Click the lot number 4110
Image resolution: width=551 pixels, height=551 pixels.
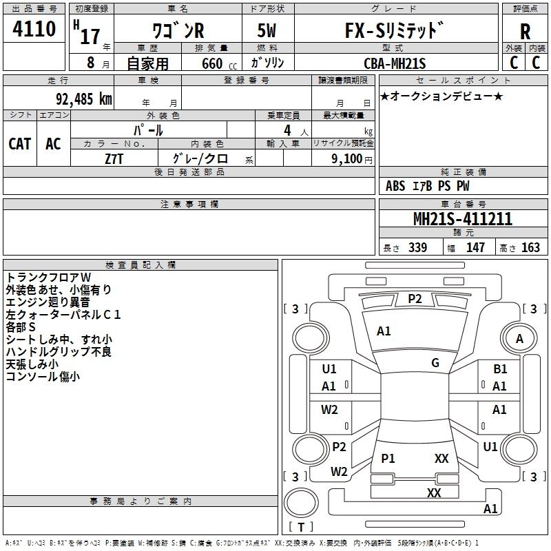pos(34,29)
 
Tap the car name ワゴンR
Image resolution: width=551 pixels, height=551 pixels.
pos(178,30)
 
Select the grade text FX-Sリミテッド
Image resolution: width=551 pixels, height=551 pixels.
pos(394,30)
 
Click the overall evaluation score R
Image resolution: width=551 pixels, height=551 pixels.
pos(525,32)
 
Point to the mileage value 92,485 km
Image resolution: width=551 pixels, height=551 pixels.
pos(84,99)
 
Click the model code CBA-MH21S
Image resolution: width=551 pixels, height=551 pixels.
pos(395,63)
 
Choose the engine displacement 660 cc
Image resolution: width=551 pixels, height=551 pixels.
pos(219,63)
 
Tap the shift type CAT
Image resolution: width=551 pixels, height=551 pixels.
pos(20,144)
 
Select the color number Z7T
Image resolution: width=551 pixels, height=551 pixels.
pos(114,159)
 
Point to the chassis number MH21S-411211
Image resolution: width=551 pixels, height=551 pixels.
pos(463,219)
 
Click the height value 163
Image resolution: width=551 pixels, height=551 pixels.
pos(530,247)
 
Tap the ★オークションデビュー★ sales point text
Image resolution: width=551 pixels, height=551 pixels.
pos(441,96)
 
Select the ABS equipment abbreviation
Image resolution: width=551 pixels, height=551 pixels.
pos(395,186)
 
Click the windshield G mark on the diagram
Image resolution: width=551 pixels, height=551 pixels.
pos(435,363)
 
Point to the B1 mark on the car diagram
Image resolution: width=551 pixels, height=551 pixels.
pos(500,369)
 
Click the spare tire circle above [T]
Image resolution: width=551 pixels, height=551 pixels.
pos(301,503)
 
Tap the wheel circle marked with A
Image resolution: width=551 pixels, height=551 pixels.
pos(519,338)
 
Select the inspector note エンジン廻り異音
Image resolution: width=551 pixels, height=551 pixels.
pos(48,302)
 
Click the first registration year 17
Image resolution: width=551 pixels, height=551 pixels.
pos(90,37)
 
